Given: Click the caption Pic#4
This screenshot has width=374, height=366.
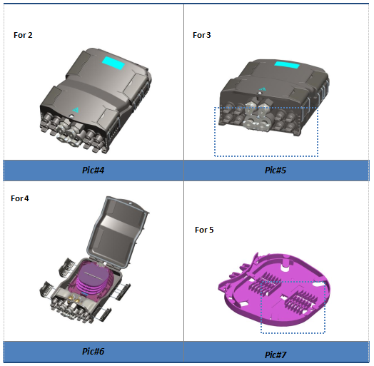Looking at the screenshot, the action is click(x=93, y=171).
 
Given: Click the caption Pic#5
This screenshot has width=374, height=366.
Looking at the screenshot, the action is click(x=276, y=171).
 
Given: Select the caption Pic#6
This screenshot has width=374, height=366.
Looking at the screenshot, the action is click(x=93, y=351).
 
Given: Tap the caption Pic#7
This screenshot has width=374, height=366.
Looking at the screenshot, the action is click(x=276, y=355).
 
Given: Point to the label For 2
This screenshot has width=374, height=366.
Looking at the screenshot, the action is click(x=23, y=35).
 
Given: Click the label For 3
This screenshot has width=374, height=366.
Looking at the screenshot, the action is click(x=202, y=35).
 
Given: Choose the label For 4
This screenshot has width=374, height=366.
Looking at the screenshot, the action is click(x=20, y=198).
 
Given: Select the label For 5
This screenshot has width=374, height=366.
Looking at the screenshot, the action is click(x=204, y=230).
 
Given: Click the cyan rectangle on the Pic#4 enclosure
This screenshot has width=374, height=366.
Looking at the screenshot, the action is click(x=113, y=63).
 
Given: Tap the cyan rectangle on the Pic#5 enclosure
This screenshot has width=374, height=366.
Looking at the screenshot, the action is click(x=287, y=64).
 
